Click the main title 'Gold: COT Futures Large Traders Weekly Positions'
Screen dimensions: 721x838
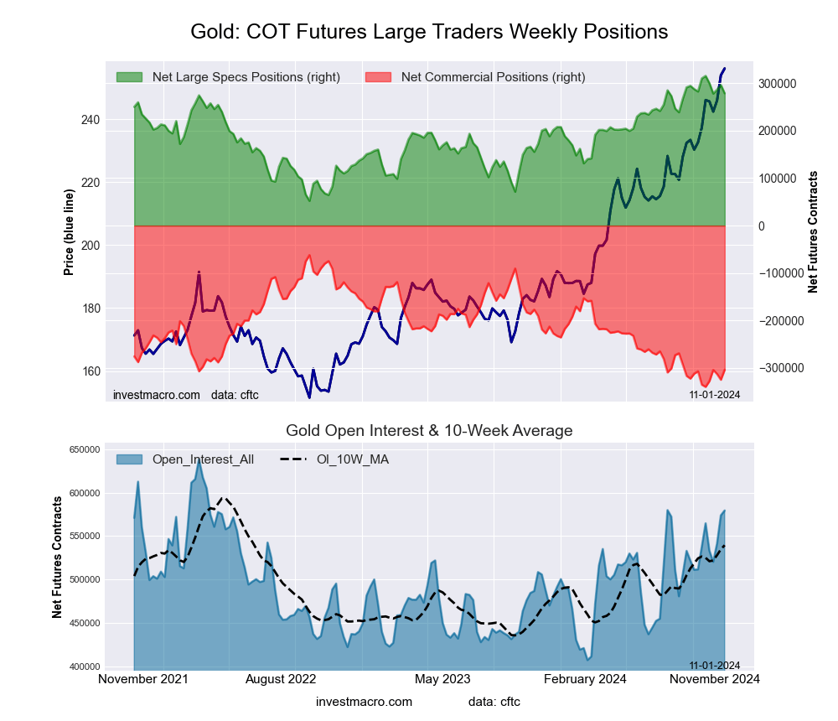429,32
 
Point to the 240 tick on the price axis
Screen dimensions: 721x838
90,120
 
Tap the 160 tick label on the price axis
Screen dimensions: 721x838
90,371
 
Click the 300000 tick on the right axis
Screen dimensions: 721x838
777,84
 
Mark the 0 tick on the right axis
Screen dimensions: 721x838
762,226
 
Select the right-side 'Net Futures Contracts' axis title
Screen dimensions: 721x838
813,231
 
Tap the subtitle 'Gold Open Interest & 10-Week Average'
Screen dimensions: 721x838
429,431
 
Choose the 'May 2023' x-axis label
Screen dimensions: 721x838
442,679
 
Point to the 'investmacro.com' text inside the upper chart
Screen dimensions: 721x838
157,394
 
